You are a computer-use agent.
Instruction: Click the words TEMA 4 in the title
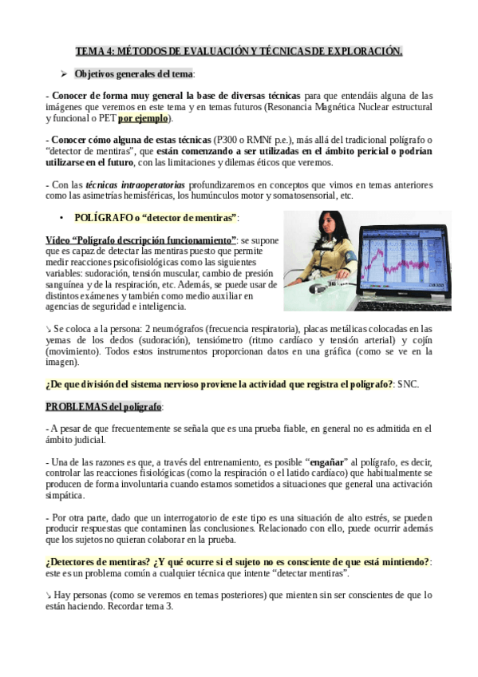pyautogui.click(x=94, y=52)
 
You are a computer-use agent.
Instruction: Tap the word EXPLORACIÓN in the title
pyautogui.click(x=364, y=52)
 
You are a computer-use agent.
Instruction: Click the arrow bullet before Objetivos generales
pyautogui.click(x=65, y=73)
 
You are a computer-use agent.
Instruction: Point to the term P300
pyautogui.click(x=228, y=138)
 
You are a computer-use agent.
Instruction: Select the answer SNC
pyautogui.click(x=408, y=384)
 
